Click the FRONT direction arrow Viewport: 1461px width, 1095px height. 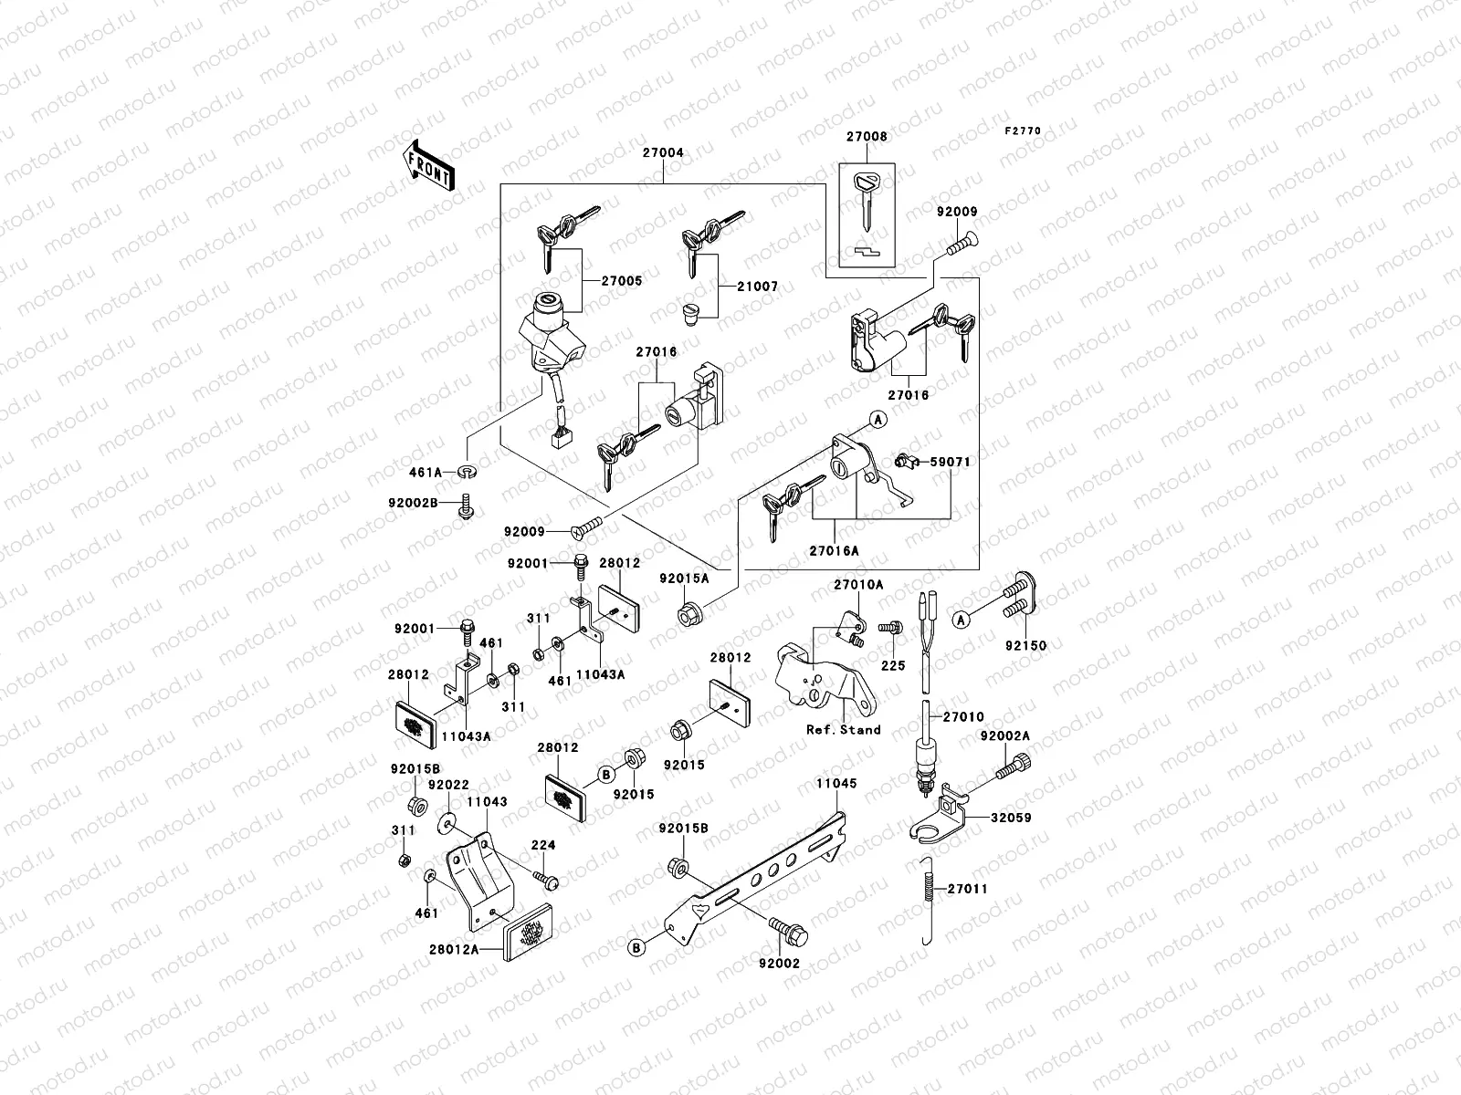pos(427,165)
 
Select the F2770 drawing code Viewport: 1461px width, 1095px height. pos(1023,131)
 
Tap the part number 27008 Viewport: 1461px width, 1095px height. pos(867,137)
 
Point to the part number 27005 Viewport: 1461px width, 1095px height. pos(622,281)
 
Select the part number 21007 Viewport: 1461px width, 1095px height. pos(758,287)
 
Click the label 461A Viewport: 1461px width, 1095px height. pos(426,473)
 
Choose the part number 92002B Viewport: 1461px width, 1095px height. pos(413,503)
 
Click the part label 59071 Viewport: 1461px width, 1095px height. pos(950,463)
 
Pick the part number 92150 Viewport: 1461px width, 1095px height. pos(1025,645)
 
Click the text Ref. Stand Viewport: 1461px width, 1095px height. pos(843,729)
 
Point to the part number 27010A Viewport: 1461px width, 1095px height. pos(857,584)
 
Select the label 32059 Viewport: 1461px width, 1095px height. pos(1011,819)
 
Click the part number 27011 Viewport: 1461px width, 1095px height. pos(967,889)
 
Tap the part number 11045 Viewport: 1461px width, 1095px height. pos(837,783)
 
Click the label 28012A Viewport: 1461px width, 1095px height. pos(453,950)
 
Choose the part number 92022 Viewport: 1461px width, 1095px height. pos(447,785)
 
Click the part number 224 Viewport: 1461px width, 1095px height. pos(543,846)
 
